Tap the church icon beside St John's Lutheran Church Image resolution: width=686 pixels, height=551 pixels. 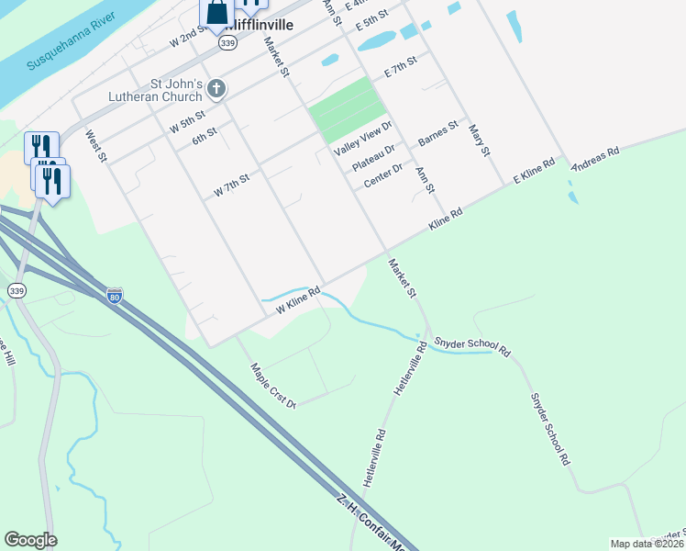click(216, 89)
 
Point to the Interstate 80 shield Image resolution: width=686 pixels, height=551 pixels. click(114, 296)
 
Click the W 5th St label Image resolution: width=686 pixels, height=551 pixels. click(187, 124)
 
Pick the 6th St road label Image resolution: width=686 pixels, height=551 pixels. click(204, 134)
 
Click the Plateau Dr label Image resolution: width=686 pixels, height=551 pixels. click(373, 156)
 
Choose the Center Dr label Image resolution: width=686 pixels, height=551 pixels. click(382, 174)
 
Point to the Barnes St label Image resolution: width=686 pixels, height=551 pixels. click(437, 134)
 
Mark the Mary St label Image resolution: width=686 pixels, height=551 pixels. click(478, 139)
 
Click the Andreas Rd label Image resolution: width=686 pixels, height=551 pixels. click(595, 158)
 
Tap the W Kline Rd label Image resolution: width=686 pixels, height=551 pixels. click(298, 300)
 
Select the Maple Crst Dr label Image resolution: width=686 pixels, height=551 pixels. click(273, 385)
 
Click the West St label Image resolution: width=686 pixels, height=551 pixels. click(96, 146)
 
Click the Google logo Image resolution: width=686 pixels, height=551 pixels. click(30, 539)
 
